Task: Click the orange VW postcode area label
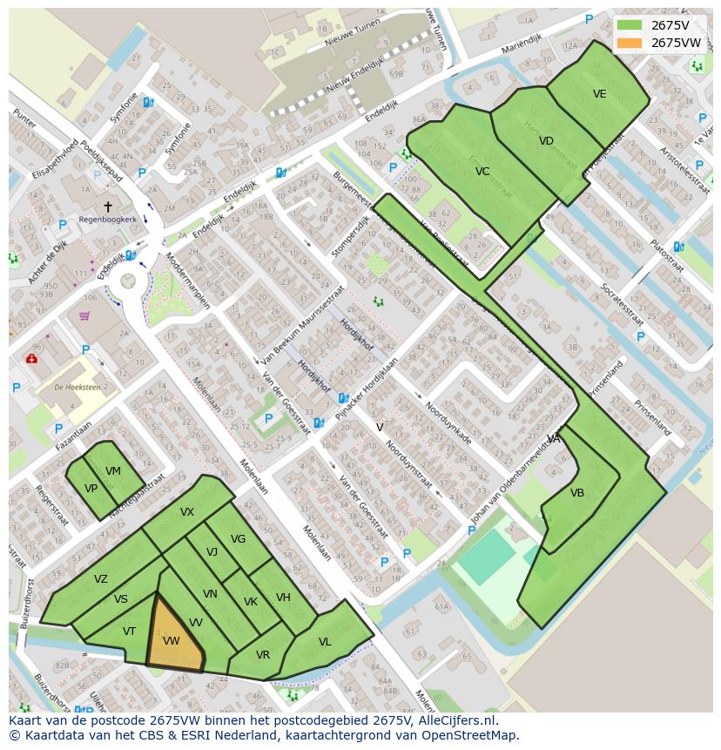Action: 171,641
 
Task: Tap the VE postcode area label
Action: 599,94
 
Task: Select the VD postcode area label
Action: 546,141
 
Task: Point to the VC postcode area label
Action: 482,172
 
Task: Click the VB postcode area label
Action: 577,493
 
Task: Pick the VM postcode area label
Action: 113,471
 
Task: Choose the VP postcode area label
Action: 91,489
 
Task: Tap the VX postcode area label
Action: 187,512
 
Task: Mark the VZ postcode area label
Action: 101,579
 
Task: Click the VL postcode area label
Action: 325,642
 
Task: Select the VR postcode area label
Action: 262,655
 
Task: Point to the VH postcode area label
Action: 283,598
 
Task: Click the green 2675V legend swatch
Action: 629,25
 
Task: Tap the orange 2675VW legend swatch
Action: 629,43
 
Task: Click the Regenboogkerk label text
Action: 106,219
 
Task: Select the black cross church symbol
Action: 108,206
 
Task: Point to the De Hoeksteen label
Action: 75,386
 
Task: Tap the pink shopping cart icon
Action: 84,315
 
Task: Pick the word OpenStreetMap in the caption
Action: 471,735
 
